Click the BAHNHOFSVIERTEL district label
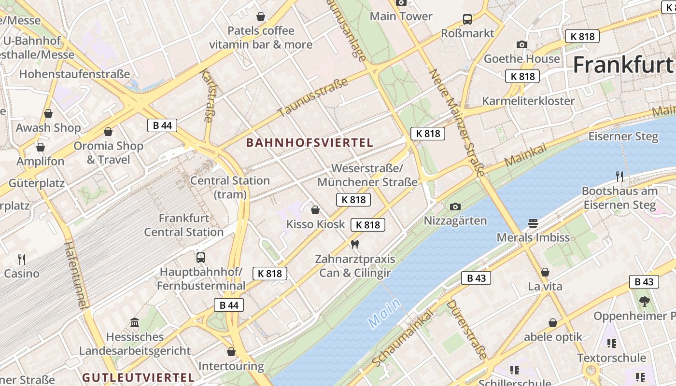(x=310, y=143)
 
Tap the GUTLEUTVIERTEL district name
(x=138, y=377)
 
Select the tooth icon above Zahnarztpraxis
(x=355, y=245)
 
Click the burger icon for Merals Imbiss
(x=533, y=223)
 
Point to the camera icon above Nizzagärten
(x=455, y=207)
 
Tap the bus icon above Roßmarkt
(x=467, y=19)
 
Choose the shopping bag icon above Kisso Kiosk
(x=315, y=210)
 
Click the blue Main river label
(x=384, y=314)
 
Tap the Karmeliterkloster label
(x=528, y=101)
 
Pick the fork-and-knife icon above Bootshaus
(x=620, y=177)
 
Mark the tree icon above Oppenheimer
(x=644, y=302)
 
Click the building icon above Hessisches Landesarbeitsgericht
(x=135, y=322)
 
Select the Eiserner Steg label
(x=623, y=137)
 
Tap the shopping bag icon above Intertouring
(x=231, y=352)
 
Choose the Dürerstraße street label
(x=466, y=330)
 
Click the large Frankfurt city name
(x=623, y=65)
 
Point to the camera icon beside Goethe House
(x=521, y=45)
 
